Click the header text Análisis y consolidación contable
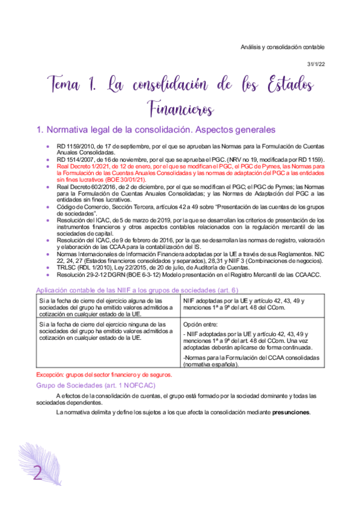point(282,46)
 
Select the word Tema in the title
point(67,83)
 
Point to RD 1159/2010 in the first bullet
point(74,146)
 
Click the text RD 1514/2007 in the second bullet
point(74,159)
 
